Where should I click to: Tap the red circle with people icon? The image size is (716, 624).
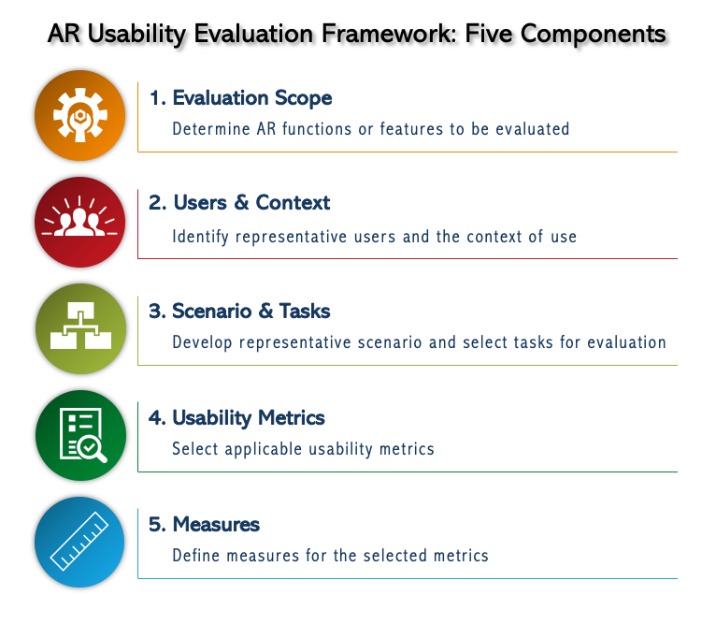[x=79, y=222]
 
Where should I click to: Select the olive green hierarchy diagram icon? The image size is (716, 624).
[x=79, y=328]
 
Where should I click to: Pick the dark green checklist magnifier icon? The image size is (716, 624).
[x=79, y=435]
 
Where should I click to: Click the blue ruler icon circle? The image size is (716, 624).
[x=79, y=542]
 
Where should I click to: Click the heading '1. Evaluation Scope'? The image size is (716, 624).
[x=240, y=98]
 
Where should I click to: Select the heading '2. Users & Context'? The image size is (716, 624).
[x=239, y=203]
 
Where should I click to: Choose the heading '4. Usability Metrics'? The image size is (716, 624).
[x=236, y=417]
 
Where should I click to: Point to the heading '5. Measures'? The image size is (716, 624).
[x=204, y=524]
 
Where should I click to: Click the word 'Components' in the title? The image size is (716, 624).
[x=593, y=35]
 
